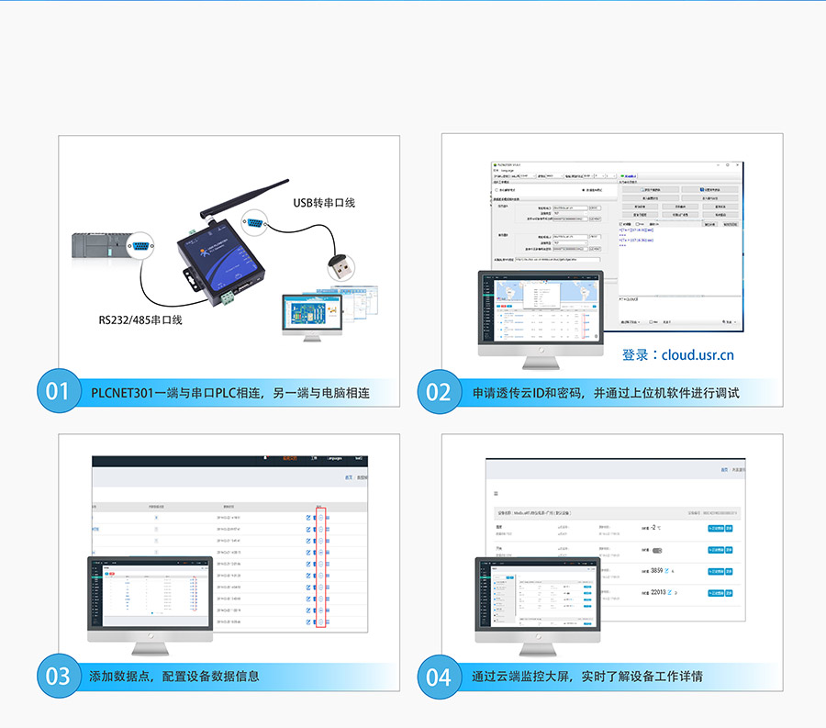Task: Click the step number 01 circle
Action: pos(58,392)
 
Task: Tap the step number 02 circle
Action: pos(439,392)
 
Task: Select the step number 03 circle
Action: pos(58,677)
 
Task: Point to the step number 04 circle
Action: pos(439,677)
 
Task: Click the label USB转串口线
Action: pos(324,203)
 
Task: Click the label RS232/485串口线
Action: pos(140,320)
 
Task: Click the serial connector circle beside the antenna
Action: pos(254,223)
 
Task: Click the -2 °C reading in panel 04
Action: pos(655,529)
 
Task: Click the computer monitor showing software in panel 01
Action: pos(311,311)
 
